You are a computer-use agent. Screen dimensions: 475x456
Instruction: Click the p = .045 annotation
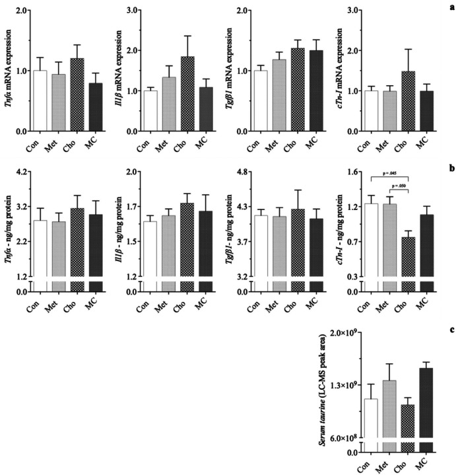tap(391, 173)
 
